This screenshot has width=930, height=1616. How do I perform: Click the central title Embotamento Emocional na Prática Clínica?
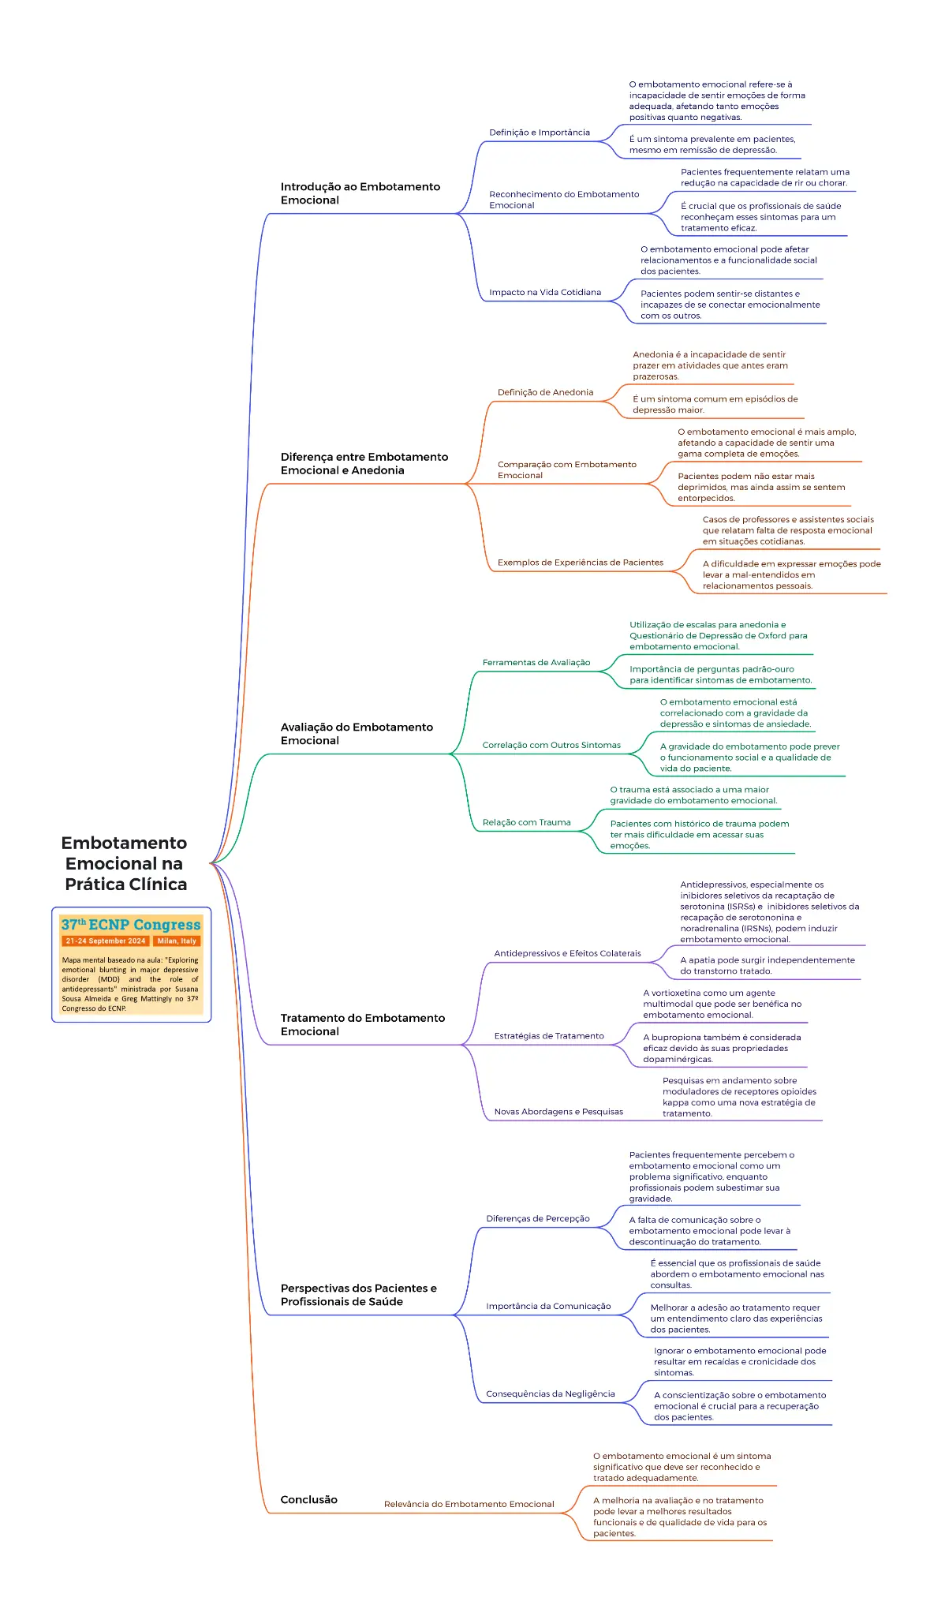coord(125,863)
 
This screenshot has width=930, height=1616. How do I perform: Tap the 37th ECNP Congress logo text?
coord(131,924)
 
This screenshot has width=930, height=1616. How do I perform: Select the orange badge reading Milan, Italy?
coord(177,941)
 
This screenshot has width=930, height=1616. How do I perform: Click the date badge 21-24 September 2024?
coord(106,941)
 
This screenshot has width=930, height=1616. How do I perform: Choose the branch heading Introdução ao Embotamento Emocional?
coord(360,193)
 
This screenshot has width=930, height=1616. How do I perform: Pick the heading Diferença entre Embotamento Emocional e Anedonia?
coord(364,463)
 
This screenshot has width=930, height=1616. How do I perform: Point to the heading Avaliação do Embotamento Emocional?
coord(357,734)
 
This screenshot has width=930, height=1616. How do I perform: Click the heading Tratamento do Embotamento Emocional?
coord(363,1024)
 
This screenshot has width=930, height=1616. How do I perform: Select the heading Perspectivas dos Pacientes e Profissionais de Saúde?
coord(359,1295)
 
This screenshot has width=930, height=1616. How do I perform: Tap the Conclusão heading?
coord(309,1499)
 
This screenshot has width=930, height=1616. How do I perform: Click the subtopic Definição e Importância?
coord(540,133)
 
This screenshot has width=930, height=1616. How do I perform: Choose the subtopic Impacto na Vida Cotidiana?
coord(545,292)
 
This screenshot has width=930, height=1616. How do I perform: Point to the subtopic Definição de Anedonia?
coord(546,392)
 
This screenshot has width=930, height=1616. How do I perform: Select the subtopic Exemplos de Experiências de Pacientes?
coord(581,563)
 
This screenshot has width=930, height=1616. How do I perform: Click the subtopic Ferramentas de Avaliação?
coord(536,663)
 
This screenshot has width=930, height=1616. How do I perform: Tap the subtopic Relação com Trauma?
coord(527,822)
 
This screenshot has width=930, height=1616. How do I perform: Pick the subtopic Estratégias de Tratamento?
coord(549,1036)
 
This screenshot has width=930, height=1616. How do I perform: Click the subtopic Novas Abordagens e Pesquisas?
coord(558,1112)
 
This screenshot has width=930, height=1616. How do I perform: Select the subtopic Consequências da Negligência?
coord(551,1393)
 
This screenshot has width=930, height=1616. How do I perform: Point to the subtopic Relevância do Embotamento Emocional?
coord(469,1504)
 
